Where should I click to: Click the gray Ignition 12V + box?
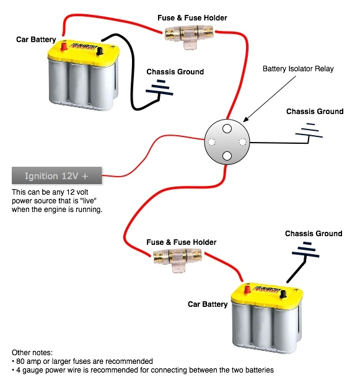point(56,175)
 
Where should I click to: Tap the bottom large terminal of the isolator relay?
point(227,156)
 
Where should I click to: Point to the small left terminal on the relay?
point(213,142)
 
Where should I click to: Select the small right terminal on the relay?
point(241,142)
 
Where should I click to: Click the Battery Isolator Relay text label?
point(298,69)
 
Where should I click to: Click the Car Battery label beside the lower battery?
point(208,304)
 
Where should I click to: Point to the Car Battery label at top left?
point(36,40)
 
